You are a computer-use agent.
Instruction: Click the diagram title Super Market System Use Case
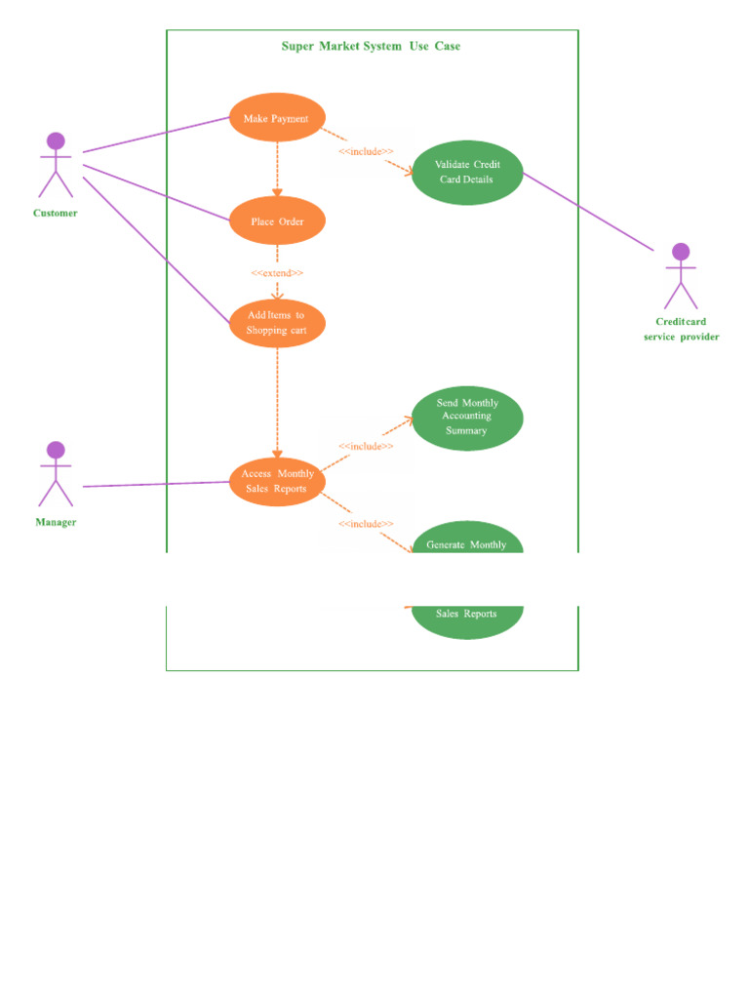[371, 46]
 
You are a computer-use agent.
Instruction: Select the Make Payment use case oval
[277, 118]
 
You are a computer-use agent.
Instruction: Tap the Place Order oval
[277, 221]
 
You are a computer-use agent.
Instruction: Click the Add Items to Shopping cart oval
[277, 323]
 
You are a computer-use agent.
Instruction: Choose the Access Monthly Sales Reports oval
[277, 481]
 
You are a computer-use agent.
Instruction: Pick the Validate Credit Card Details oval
[467, 173]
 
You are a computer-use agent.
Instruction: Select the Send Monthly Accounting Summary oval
[467, 418]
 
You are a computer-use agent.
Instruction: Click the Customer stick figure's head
[56, 140]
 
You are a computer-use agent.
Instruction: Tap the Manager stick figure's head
[56, 450]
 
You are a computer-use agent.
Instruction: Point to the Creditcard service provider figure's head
[681, 252]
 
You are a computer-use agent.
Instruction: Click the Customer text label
[56, 213]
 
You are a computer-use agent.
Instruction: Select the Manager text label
[56, 522]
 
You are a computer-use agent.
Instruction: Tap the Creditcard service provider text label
[681, 329]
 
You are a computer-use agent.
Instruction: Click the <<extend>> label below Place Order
[277, 273]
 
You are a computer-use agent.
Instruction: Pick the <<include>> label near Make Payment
[366, 151]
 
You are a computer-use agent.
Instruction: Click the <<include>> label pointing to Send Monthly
[366, 446]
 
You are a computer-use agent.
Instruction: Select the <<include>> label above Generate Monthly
[366, 524]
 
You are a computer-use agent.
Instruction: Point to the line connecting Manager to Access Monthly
[156, 484]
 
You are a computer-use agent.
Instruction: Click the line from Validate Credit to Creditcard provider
[588, 212]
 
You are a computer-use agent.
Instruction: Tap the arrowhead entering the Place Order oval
[277, 192]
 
